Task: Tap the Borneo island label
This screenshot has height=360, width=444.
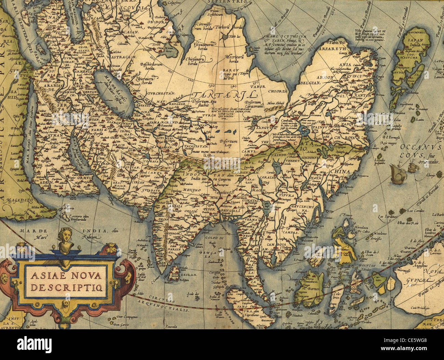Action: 314,290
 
